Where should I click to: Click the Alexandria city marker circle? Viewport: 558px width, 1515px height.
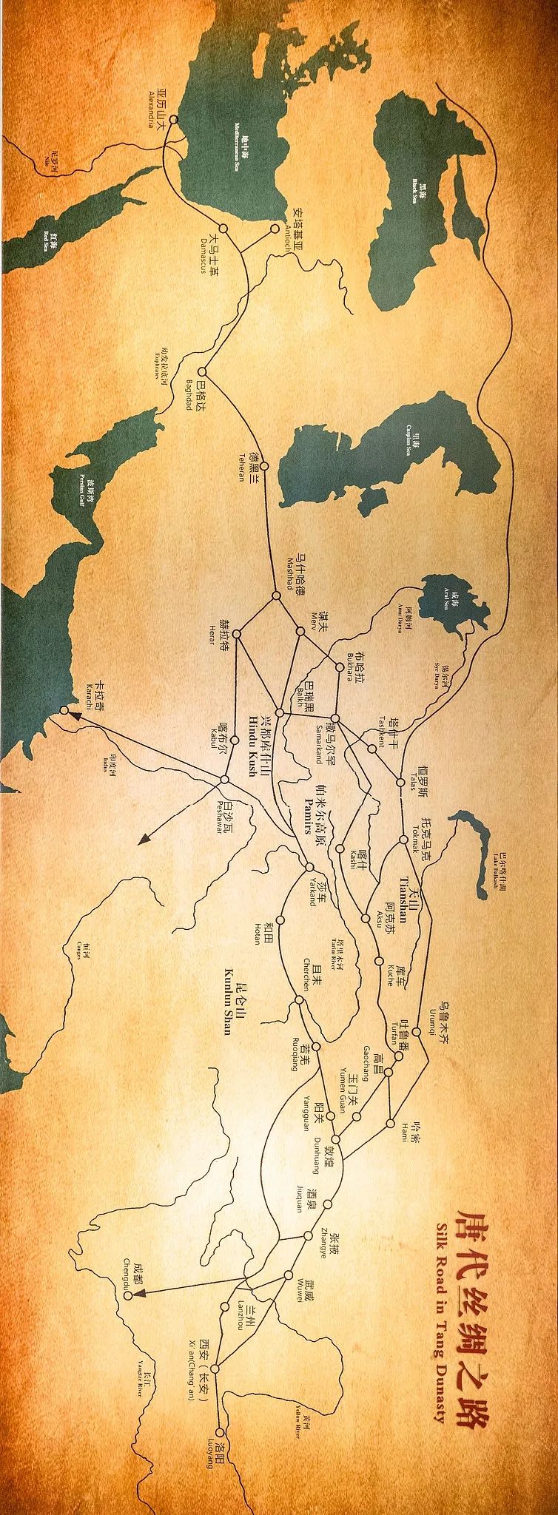pyautogui.click(x=174, y=119)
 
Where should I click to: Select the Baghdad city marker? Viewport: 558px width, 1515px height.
pyautogui.click(x=204, y=373)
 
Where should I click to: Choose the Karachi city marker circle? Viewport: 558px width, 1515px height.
pyautogui.click(x=64, y=710)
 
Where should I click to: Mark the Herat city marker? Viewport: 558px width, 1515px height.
pyautogui.click(x=238, y=634)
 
